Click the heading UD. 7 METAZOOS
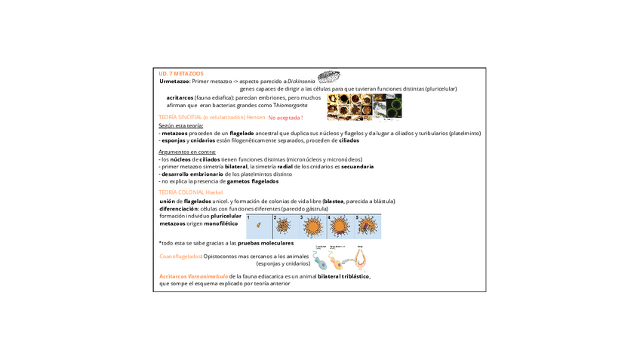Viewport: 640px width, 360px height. coord(181,74)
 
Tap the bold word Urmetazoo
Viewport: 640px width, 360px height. coord(174,81)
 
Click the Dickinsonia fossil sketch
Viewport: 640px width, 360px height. coord(328,76)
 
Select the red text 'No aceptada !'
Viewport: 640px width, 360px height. coord(285,118)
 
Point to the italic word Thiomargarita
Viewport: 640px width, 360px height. coord(291,105)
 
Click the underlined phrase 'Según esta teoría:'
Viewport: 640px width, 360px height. coord(180,126)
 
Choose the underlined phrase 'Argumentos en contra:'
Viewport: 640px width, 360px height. coord(187,152)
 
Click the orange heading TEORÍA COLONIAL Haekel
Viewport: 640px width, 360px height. coord(190,192)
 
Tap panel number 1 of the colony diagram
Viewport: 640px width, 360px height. coord(259,226)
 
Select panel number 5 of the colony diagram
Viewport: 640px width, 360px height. coord(368,226)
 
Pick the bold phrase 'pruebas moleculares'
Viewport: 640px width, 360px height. coord(266,243)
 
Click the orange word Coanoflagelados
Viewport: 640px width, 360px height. coord(180,257)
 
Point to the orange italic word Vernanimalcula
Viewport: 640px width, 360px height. coord(208,276)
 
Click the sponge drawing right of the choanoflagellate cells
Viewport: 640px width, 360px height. coord(361,258)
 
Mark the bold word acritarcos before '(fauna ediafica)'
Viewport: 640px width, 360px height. coord(180,97)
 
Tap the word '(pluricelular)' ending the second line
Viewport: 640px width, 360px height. coord(441,88)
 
